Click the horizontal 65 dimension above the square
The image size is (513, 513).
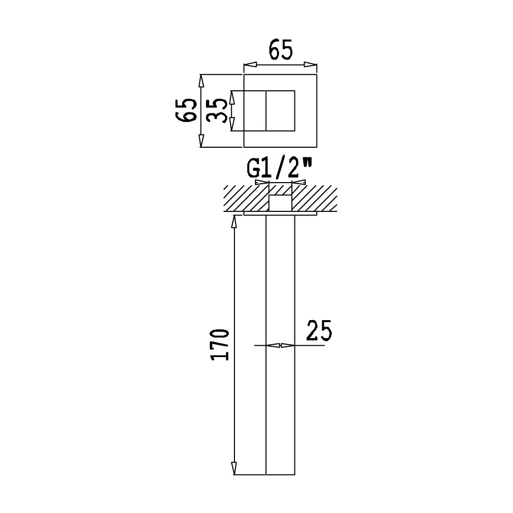tap(281, 50)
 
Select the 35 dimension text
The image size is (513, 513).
tap(216, 111)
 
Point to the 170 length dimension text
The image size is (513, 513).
tap(220, 345)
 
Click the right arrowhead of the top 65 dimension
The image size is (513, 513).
tap(310, 65)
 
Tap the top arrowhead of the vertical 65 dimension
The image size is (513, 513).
tap(202, 81)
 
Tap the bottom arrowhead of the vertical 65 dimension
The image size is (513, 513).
tap(202, 141)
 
